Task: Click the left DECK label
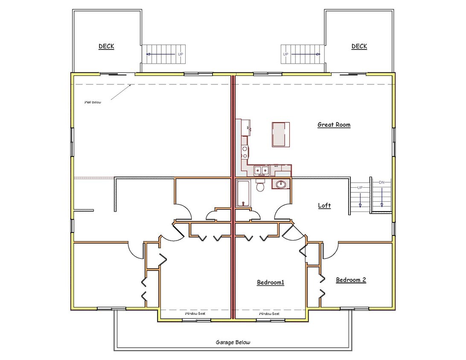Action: coord(106,46)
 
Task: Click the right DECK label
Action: coord(359,46)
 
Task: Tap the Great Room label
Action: coord(334,125)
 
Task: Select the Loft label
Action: coord(324,205)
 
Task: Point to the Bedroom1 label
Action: coord(271,282)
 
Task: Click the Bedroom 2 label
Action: coord(351,280)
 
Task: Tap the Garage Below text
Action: coord(233,342)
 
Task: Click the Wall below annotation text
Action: coord(93,102)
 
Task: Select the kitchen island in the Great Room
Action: coord(280,134)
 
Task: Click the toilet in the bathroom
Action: coord(260,186)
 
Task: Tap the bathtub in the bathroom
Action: coord(244,193)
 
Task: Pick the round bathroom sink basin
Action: coord(280,184)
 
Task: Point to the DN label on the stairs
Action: coord(382,182)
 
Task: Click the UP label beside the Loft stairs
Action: coord(360,188)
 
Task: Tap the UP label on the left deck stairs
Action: coord(181,54)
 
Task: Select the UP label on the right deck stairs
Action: coord(285,54)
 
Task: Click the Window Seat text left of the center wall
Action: coord(195,314)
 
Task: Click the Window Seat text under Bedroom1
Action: coord(269,314)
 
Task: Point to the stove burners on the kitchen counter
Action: coord(245,152)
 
